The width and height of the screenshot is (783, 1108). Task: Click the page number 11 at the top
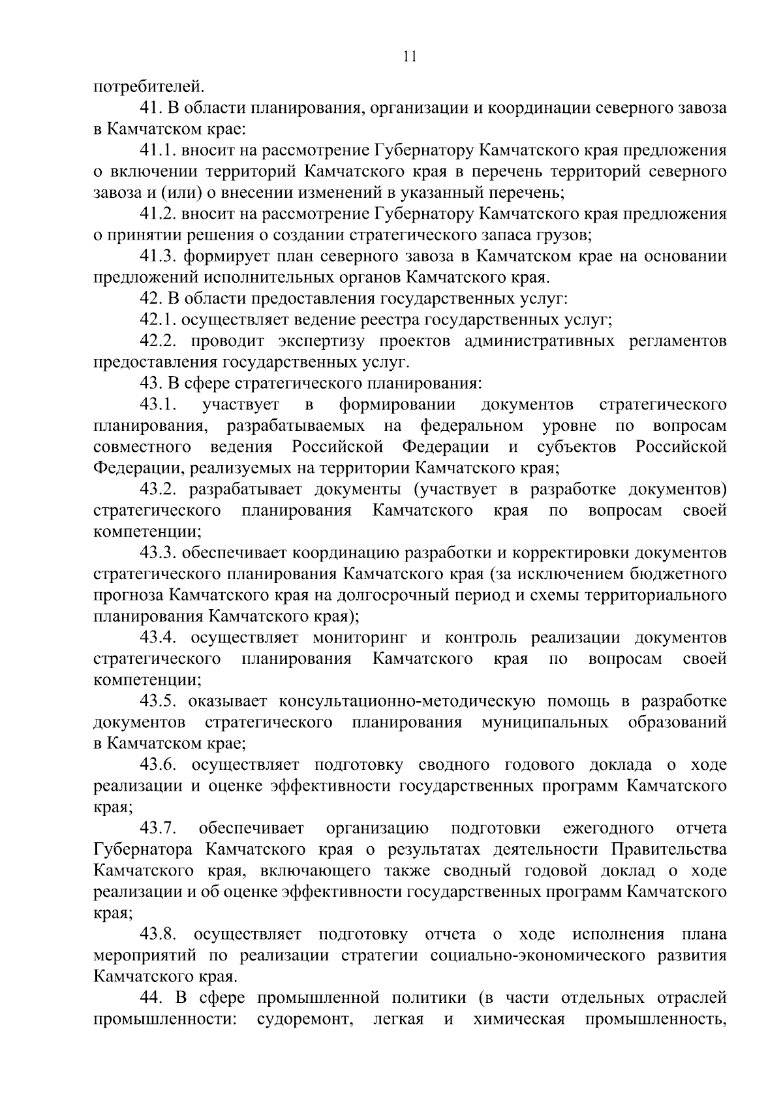coord(410,57)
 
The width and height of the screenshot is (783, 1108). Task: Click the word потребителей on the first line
coord(149,86)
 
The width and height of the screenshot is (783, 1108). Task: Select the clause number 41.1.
coord(158,151)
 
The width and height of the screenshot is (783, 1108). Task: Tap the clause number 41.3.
coord(158,257)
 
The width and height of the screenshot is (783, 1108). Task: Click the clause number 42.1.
coord(158,320)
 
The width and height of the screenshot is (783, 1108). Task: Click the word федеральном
coord(471,426)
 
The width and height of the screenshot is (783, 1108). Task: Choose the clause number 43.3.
coord(158,553)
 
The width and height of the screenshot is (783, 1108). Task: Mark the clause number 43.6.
coord(158,765)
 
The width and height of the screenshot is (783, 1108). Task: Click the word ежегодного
coord(608,829)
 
